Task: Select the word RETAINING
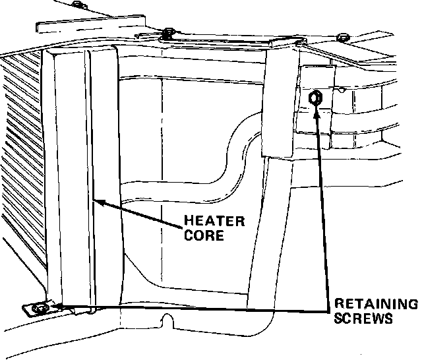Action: click(377, 305)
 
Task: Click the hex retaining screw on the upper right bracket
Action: click(316, 98)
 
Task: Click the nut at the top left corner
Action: click(78, 5)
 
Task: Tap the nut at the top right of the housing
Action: click(341, 38)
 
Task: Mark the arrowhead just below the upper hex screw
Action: click(317, 113)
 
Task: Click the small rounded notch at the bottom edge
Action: click(167, 322)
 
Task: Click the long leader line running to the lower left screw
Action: click(198, 308)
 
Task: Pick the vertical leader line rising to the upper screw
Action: click(321, 211)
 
